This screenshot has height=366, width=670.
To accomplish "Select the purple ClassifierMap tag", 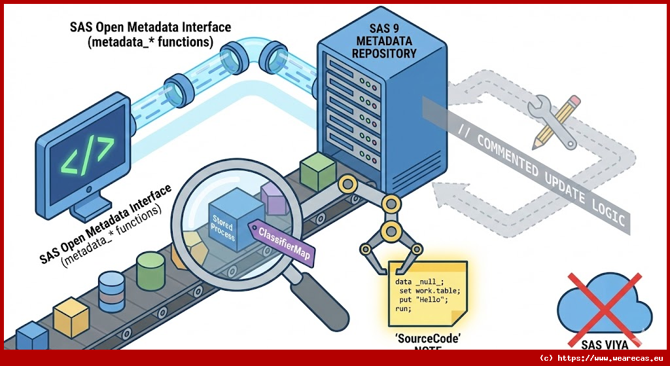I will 283,240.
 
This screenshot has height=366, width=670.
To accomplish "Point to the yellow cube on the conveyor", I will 71,317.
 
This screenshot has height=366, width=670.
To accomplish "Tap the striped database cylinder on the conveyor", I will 112,292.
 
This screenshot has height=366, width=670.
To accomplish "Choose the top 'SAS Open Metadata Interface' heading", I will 150,27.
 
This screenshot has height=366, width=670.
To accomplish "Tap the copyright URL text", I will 603,358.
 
